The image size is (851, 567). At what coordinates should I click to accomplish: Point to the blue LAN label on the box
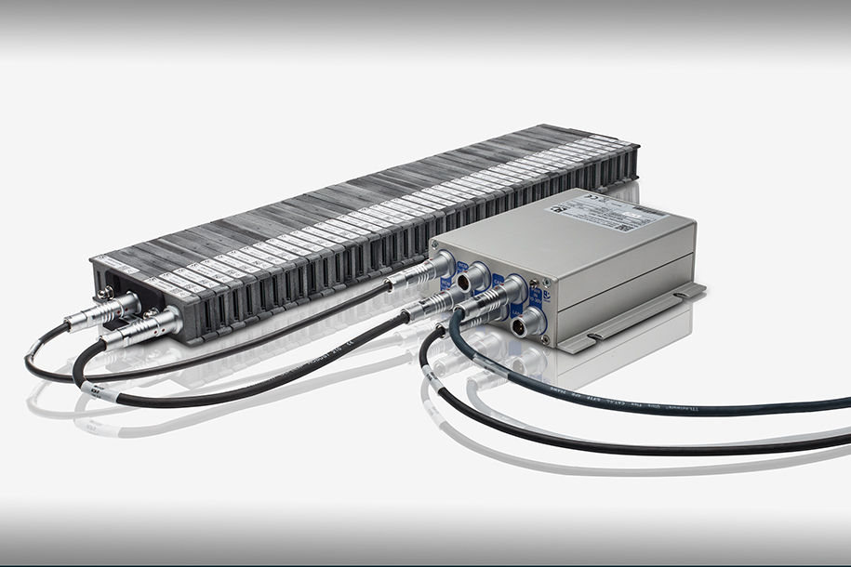tap(516, 310)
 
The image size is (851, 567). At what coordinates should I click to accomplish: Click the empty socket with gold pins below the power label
tap(519, 327)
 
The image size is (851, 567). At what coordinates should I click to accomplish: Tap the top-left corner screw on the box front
tap(435, 244)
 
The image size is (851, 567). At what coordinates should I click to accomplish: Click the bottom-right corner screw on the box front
tap(545, 339)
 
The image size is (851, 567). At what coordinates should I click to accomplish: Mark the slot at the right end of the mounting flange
tap(681, 295)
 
